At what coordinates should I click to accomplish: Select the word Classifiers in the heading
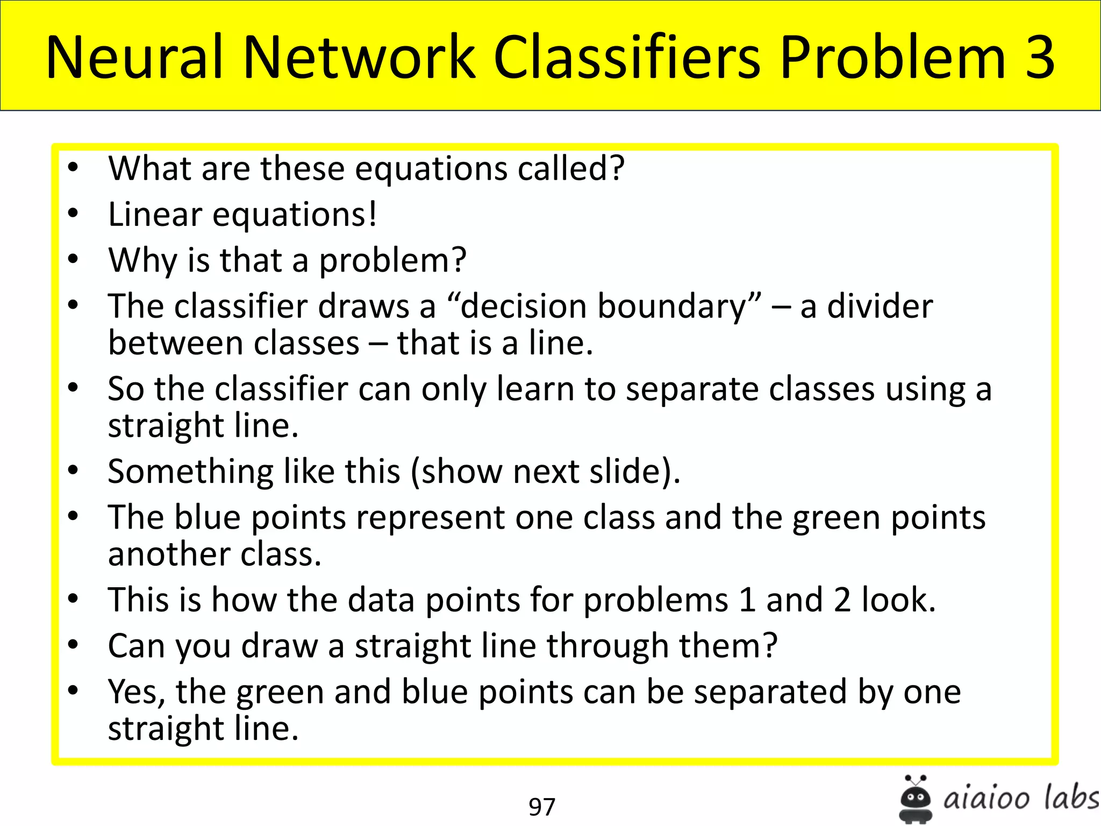(x=627, y=57)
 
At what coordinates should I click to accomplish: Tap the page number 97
(x=541, y=807)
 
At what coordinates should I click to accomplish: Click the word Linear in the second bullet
(x=155, y=215)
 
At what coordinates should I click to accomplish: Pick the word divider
(x=880, y=307)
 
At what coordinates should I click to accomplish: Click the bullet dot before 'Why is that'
(x=73, y=260)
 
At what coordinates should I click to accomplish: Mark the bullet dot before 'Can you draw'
(x=73, y=644)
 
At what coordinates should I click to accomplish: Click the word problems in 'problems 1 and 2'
(x=655, y=600)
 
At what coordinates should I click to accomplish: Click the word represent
(x=430, y=518)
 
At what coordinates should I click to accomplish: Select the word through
(x=607, y=645)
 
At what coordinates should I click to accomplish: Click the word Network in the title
(x=359, y=57)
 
